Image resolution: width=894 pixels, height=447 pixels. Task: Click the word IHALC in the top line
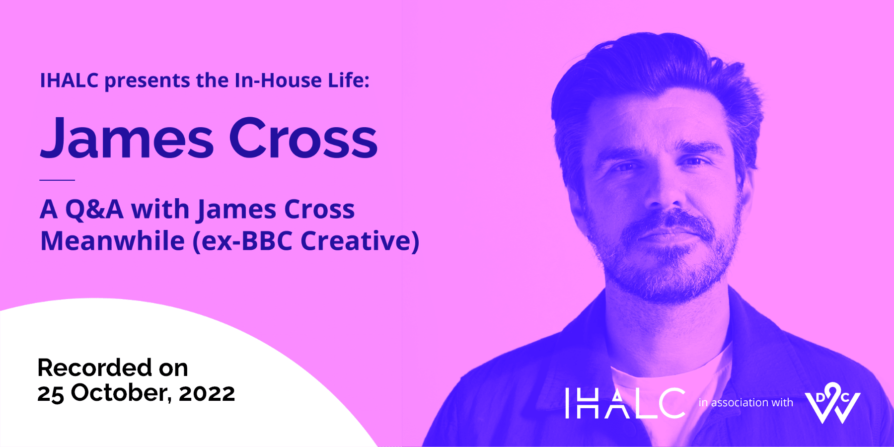point(69,80)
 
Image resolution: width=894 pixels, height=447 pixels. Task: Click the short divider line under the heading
point(57,180)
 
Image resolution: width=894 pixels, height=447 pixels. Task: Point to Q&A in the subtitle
point(94,209)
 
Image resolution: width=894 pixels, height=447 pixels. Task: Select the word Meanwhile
point(113,241)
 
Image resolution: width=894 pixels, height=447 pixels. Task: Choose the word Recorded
point(94,368)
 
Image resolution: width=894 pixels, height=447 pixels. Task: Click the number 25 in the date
point(51,394)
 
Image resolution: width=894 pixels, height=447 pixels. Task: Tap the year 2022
point(207,394)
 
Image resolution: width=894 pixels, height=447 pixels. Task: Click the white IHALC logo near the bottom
point(625,403)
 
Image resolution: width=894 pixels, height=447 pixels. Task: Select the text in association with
point(746,403)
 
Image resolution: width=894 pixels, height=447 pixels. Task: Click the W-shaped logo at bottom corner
point(832,403)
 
